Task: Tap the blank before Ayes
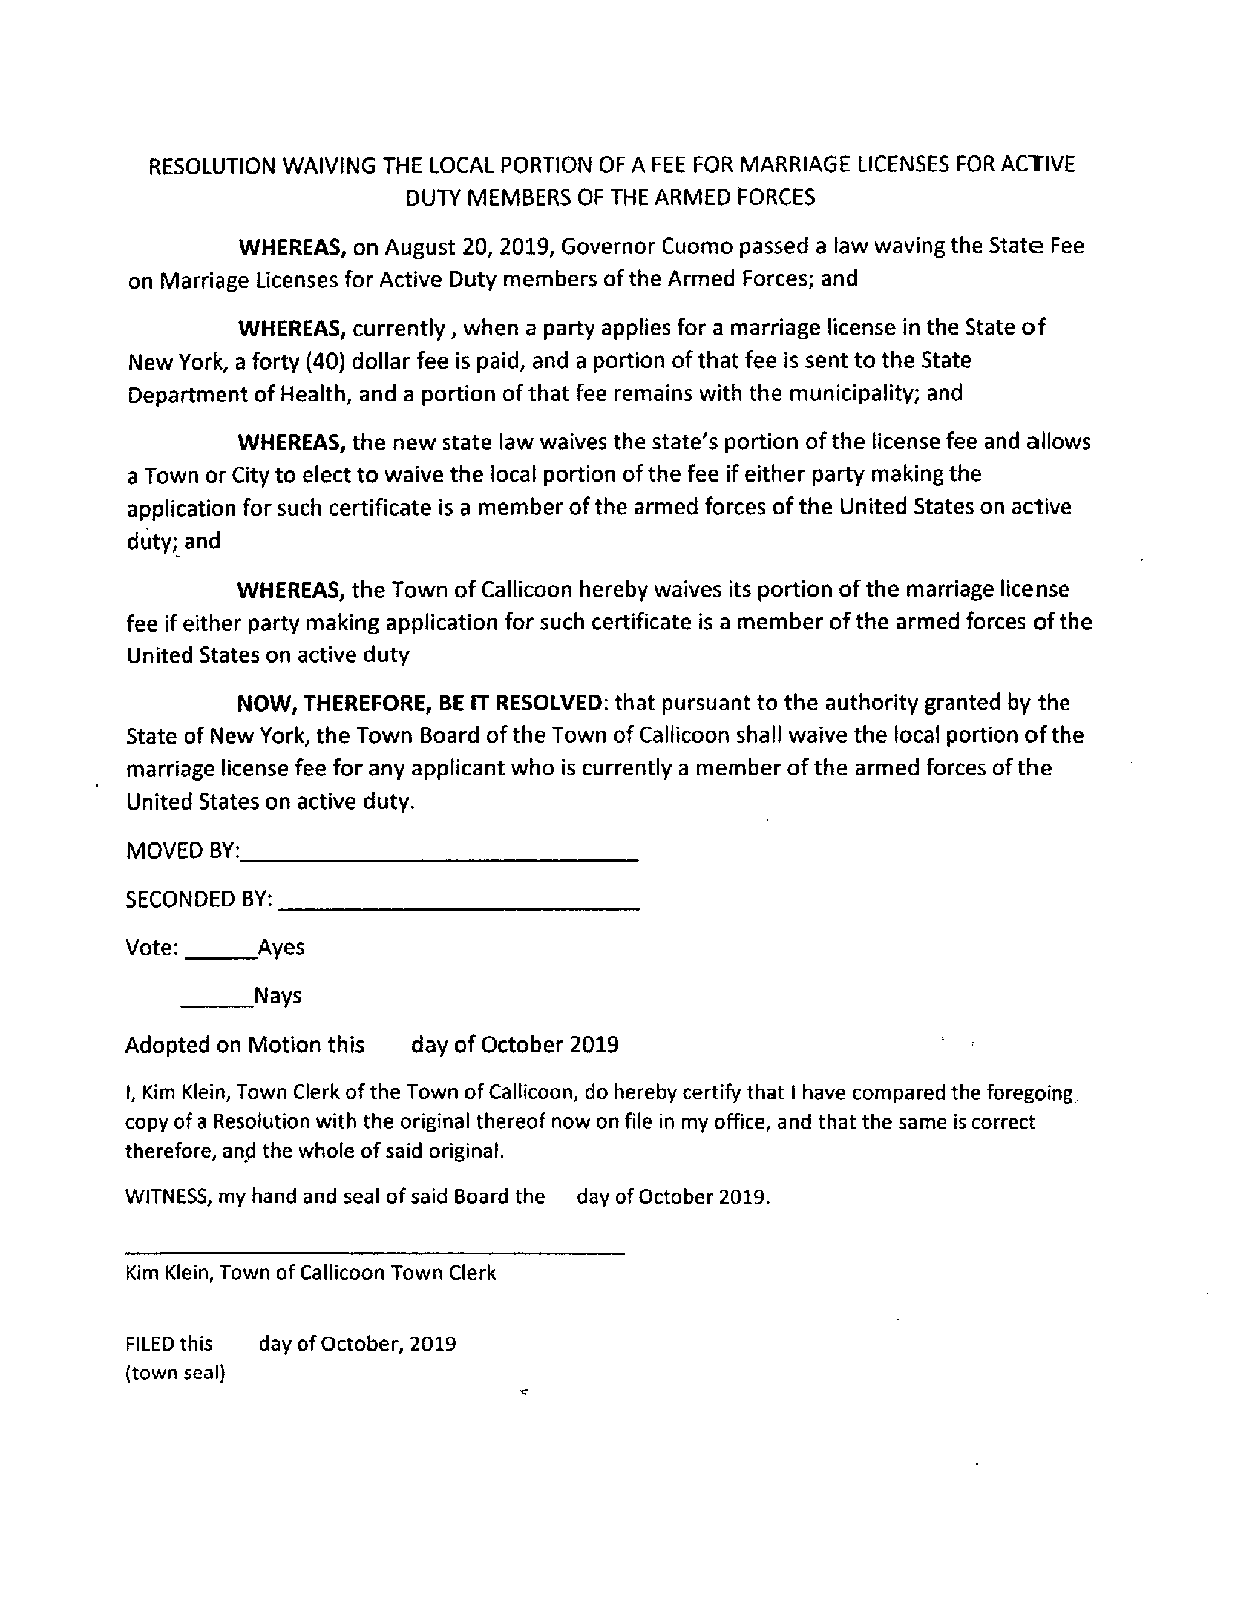(220, 956)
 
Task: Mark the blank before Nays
(217, 1004)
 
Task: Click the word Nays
(278, 996)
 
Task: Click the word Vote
(151, 948)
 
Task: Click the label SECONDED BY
(199, 899)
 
